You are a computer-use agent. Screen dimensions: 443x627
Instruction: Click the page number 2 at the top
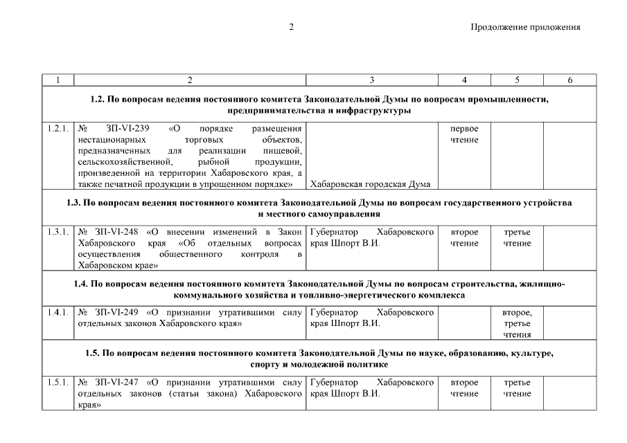click(292, 27)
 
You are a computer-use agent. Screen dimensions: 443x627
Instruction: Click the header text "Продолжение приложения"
click(524, 27)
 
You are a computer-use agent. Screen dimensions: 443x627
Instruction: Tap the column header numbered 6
click(569, 80)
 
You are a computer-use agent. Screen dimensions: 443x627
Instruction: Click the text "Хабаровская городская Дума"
click(371, 183)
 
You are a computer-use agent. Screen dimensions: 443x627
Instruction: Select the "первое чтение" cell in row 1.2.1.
click(464, 134)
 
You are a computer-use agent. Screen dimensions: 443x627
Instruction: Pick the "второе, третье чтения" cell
click(517, 323)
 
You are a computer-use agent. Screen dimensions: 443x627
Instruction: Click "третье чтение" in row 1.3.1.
click(517, 237)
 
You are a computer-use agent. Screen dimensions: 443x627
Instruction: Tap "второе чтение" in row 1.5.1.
click(464, 388)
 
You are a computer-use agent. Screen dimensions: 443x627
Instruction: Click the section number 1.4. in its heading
click(82, 284)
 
